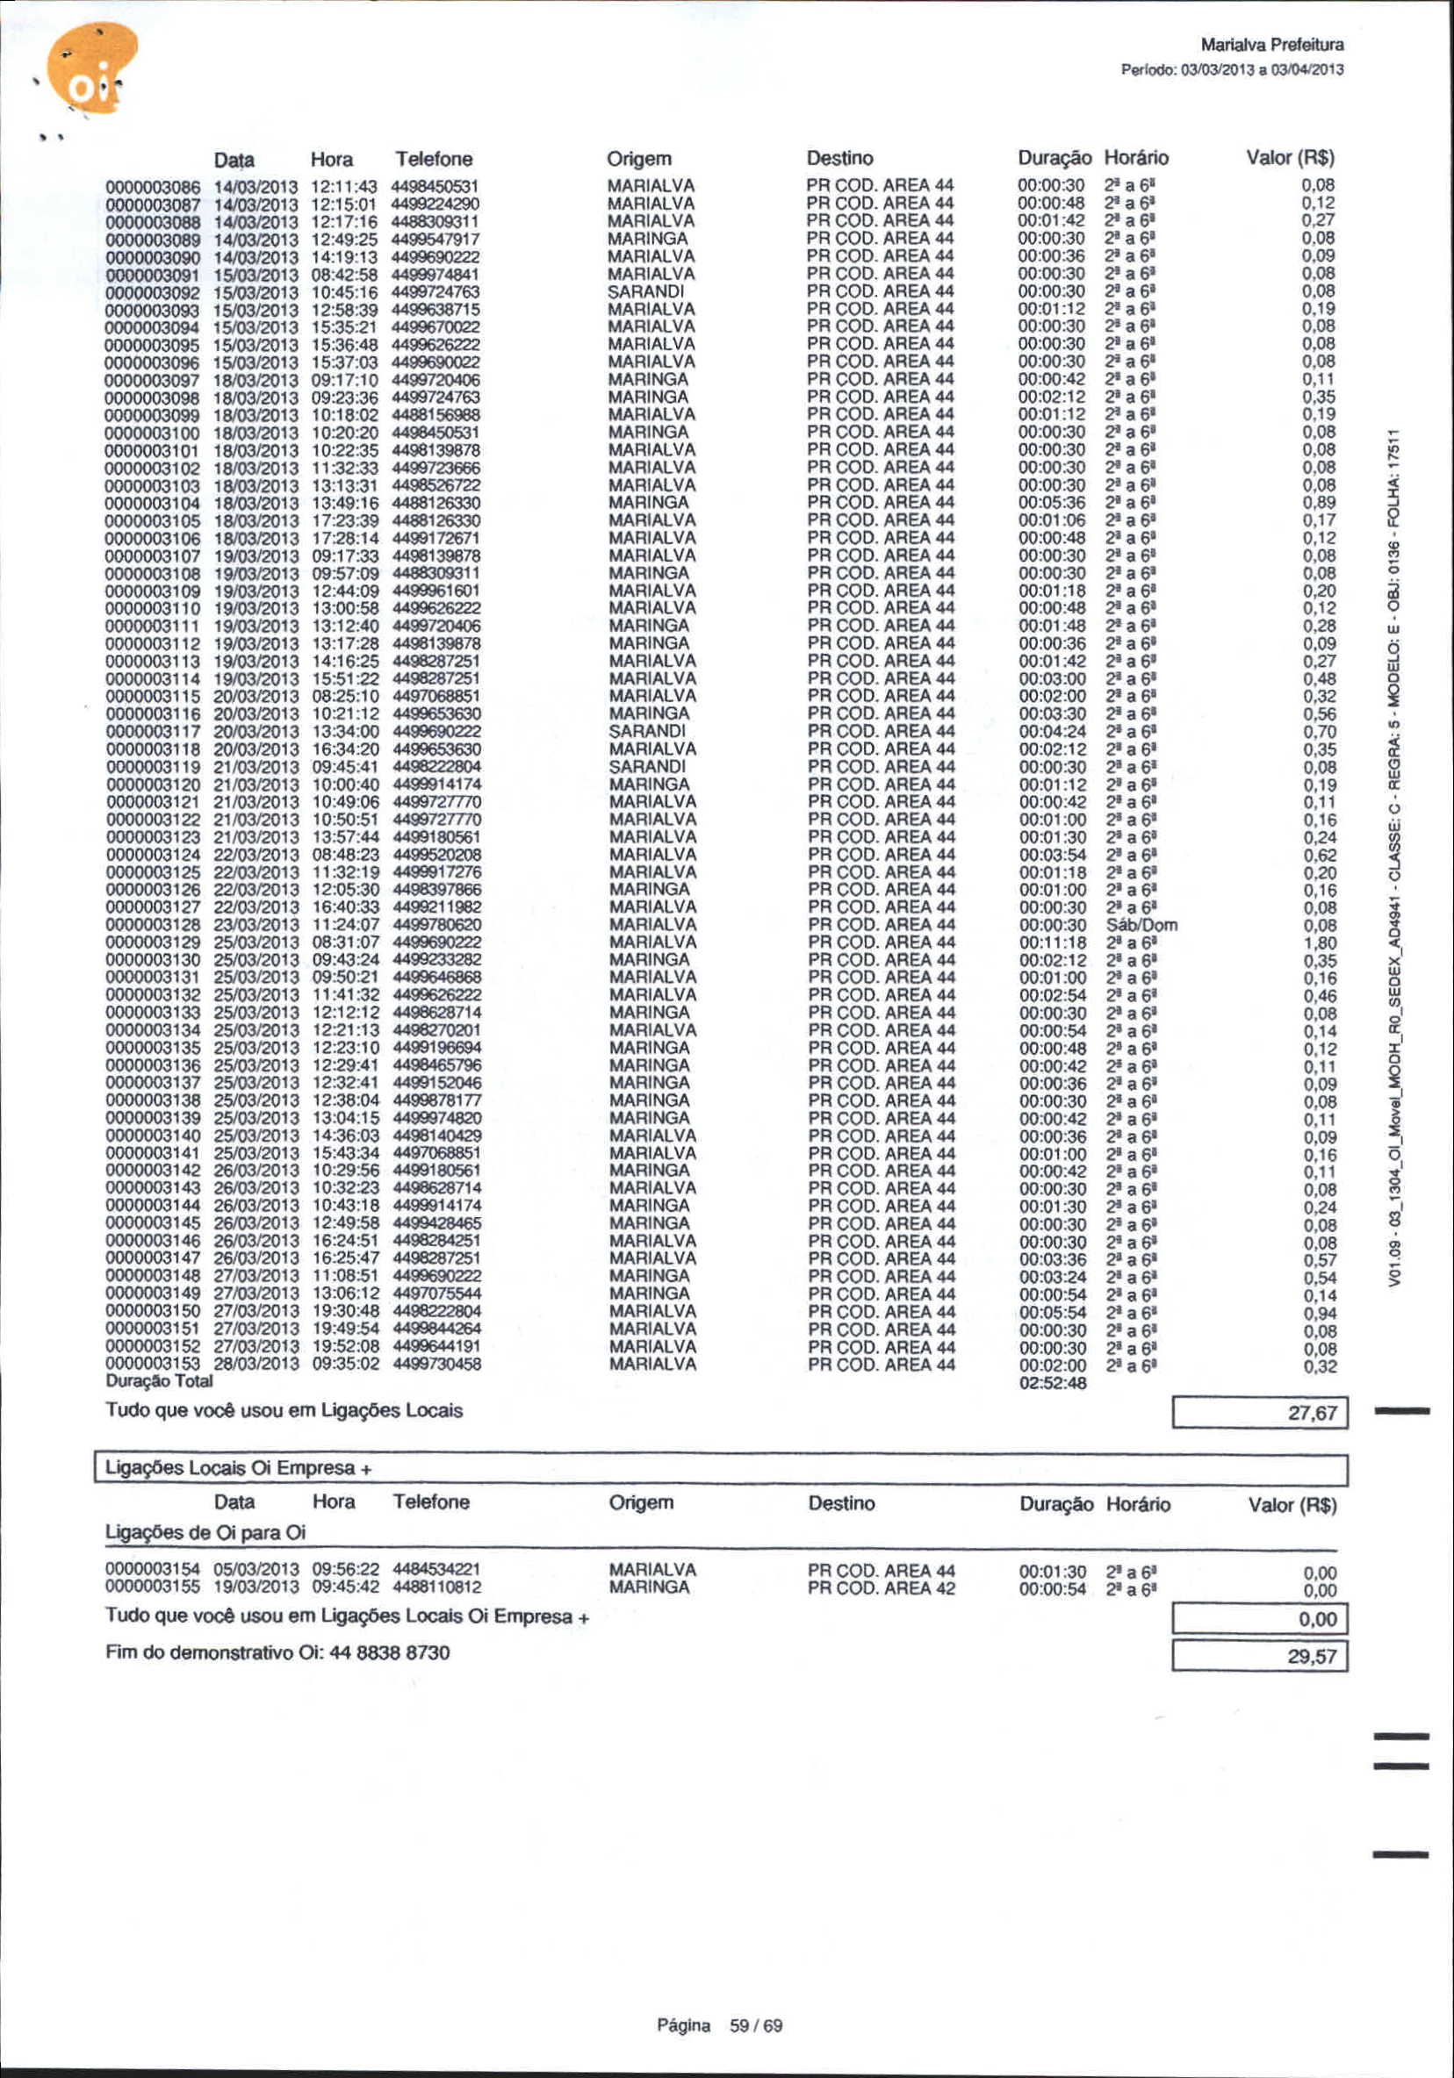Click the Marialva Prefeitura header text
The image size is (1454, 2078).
(x=1271, y=45)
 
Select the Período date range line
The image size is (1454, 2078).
(x=1232, y=69)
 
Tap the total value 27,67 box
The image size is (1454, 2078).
(x=1259, y=1413)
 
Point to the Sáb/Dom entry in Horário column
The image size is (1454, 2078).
(x=1141, y=925)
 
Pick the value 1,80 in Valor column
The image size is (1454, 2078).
(x=1319, y=943)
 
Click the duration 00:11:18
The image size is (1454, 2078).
(x=1052, y=942)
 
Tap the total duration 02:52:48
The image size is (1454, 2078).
(x=1052, y=1383)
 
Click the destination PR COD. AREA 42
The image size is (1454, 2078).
(x=881, y=1587)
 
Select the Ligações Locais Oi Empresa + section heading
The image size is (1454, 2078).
(x=239, y=1468)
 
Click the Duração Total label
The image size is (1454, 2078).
(x=159, y=1381)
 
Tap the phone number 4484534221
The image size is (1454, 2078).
(x=435, y=1569)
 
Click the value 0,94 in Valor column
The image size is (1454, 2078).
(x=1319, y=1312)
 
